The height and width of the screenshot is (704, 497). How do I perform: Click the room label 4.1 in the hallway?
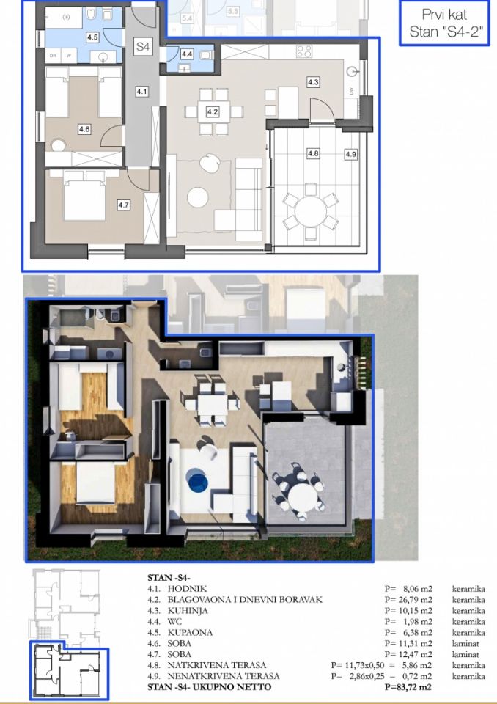(142, 92)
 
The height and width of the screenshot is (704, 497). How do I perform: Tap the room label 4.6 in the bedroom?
(84, 129)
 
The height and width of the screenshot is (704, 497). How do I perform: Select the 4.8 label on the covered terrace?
(313, 154)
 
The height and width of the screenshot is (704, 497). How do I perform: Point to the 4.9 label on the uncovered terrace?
(351, 154)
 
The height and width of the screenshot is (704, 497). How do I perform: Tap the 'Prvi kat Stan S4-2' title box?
(444, 23)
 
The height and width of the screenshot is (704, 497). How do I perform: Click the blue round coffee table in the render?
(196, 480)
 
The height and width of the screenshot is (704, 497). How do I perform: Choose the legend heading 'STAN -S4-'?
(169, 578)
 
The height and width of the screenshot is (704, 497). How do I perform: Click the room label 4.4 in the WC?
(186, 54)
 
